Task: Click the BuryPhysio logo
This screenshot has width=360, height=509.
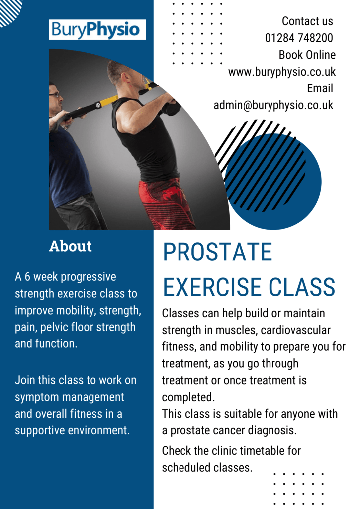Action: click(97, 29)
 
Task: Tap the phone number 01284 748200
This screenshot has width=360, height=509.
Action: click(299, 38)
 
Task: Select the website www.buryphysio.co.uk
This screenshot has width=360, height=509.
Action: click(282, 72)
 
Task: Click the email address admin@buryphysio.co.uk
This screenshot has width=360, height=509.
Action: click(273, 105)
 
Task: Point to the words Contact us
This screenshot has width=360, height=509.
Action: click(307, 21)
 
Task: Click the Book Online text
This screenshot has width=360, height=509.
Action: click(307, 55)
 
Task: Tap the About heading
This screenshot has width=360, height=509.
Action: click(71, 246)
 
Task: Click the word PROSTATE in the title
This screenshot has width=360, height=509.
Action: click(217, 252)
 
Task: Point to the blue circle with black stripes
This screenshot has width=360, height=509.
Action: click(272, 181)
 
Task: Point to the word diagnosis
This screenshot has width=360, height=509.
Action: click(272, 431)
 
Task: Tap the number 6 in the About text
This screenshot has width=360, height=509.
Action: click(27, 277)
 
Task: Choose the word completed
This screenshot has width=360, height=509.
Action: click(188, 397)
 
